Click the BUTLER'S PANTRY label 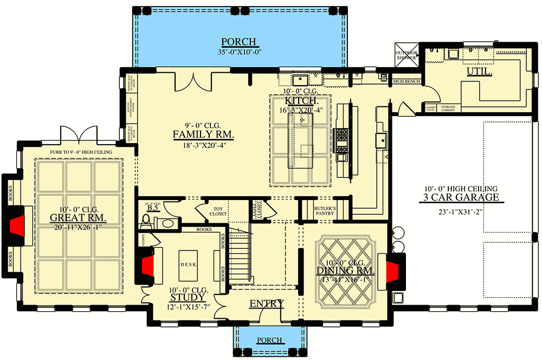pyautogui.click(x=325, y=211)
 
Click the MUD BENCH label pyautogui.click(x=406, y=81)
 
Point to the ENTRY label pyautogui.click(x=266, y=304)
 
